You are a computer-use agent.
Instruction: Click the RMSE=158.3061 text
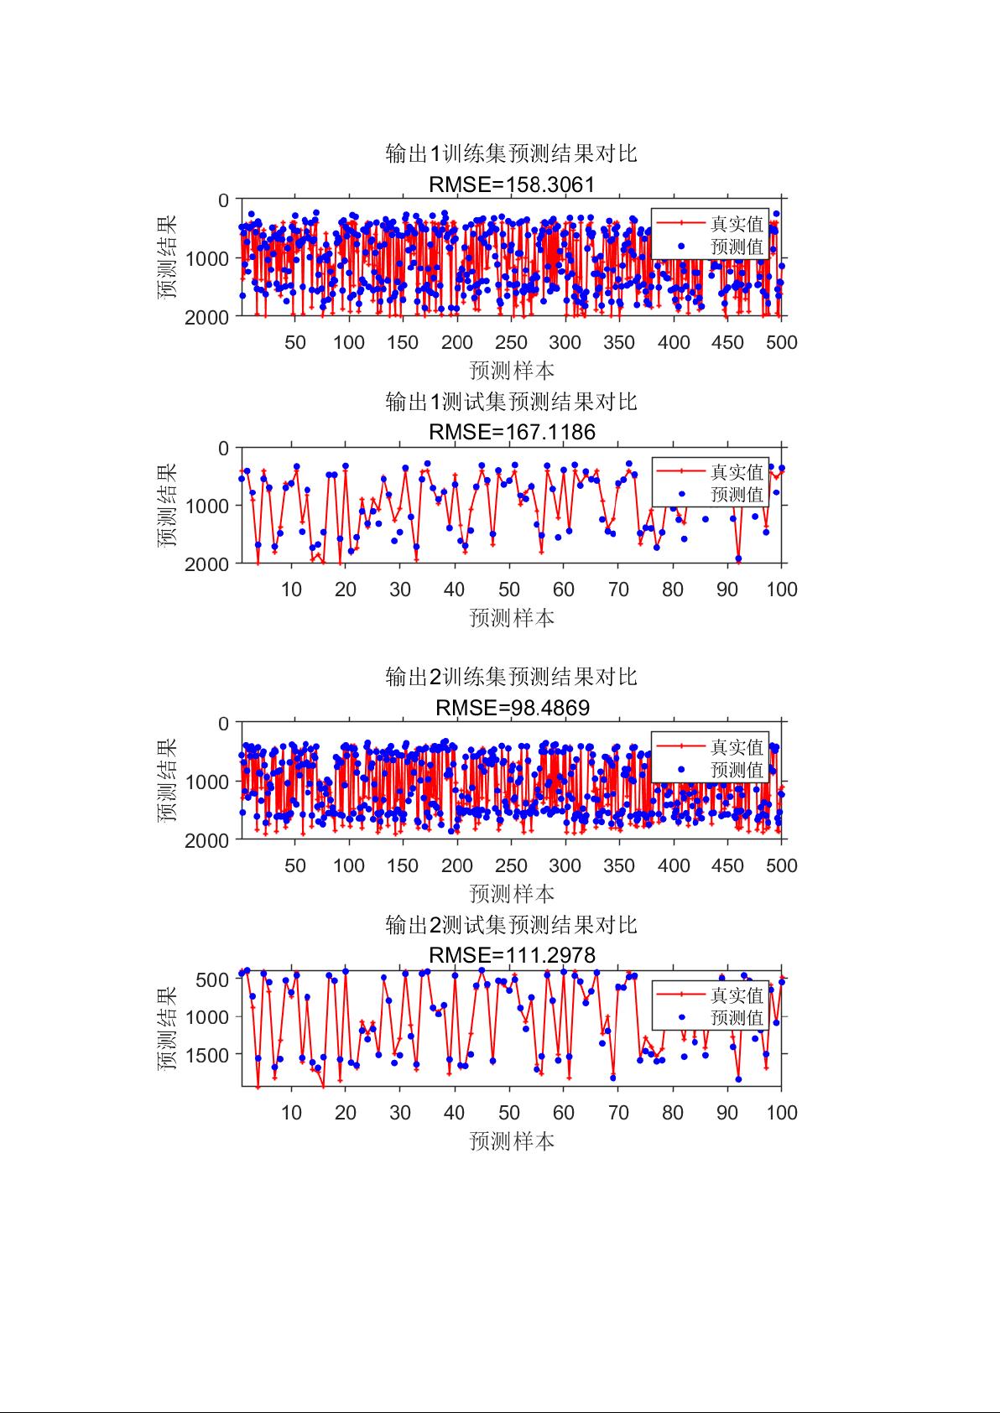[511, 184]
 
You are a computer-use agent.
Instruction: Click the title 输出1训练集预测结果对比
[511, 153]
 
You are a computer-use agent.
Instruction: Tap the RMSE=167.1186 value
[511, 432]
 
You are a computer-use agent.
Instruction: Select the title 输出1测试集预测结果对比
[511, 402]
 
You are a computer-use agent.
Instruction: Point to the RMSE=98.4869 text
[512, 708]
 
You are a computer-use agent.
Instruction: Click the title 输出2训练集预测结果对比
[511, 677]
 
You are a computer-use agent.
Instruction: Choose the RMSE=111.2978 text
[511, 955]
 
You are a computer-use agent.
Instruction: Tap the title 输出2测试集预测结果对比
[511, 925]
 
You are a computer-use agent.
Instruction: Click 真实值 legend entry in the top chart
[737, 224]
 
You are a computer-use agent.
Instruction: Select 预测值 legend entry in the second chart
[737, 494]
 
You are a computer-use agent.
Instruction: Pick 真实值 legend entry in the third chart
[737, 747]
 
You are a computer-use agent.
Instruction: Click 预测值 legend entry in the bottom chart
[737, 1017]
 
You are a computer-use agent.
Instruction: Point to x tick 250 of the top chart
[511, 342]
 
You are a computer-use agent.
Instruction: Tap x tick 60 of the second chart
[564, 590]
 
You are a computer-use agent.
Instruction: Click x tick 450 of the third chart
[727, 865]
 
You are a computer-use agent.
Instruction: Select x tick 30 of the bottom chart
[400, 1113]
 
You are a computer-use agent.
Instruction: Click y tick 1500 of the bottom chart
[211, 1054]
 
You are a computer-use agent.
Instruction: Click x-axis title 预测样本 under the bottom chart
[512, 1141]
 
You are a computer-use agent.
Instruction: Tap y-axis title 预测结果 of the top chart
[167, 257]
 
